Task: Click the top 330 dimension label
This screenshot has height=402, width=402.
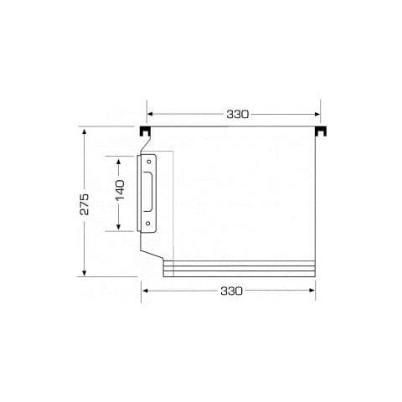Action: click(x=237, y=114)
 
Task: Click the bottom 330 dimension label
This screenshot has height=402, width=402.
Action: click(x=232, y=291)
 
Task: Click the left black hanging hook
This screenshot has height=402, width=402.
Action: click(x=145, y=132)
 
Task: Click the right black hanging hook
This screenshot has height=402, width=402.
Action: click(x=321, y=132)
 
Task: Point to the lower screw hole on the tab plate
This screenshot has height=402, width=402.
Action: click(x=148, y=224)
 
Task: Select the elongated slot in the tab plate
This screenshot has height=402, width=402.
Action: click(x=148, y=192)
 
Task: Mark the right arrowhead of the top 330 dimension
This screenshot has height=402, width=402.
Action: click(x=317, y=114)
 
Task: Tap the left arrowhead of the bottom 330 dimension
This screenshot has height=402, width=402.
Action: click(x=146, y=291)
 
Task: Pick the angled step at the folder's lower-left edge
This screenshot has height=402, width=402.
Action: click(x=152, y=251)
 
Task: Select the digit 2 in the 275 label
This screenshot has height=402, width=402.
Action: click(x=85, y=212)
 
